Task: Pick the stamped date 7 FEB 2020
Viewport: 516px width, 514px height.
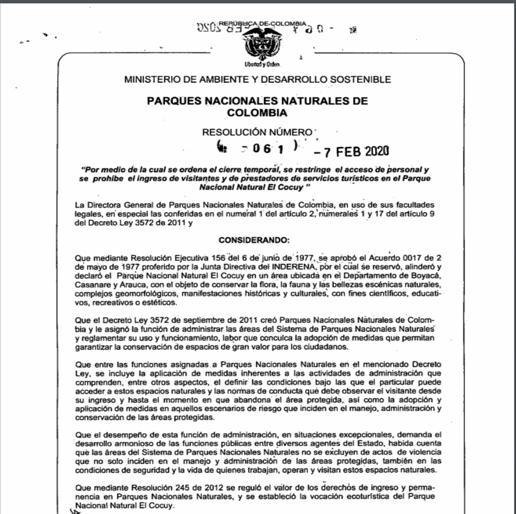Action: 352,151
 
